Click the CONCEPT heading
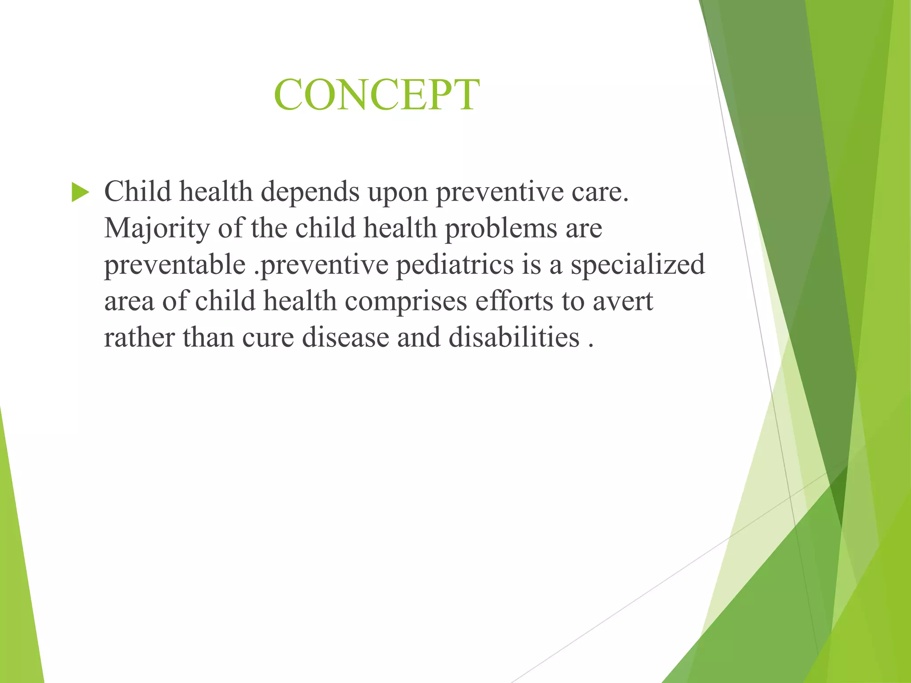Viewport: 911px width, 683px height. point(376,95)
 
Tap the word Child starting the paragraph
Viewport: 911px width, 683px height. point(137,192)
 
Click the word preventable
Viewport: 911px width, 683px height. point(175,265)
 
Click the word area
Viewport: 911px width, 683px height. point(129,302)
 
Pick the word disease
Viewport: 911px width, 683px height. point(345,337)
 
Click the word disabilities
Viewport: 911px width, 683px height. point(514,337)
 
